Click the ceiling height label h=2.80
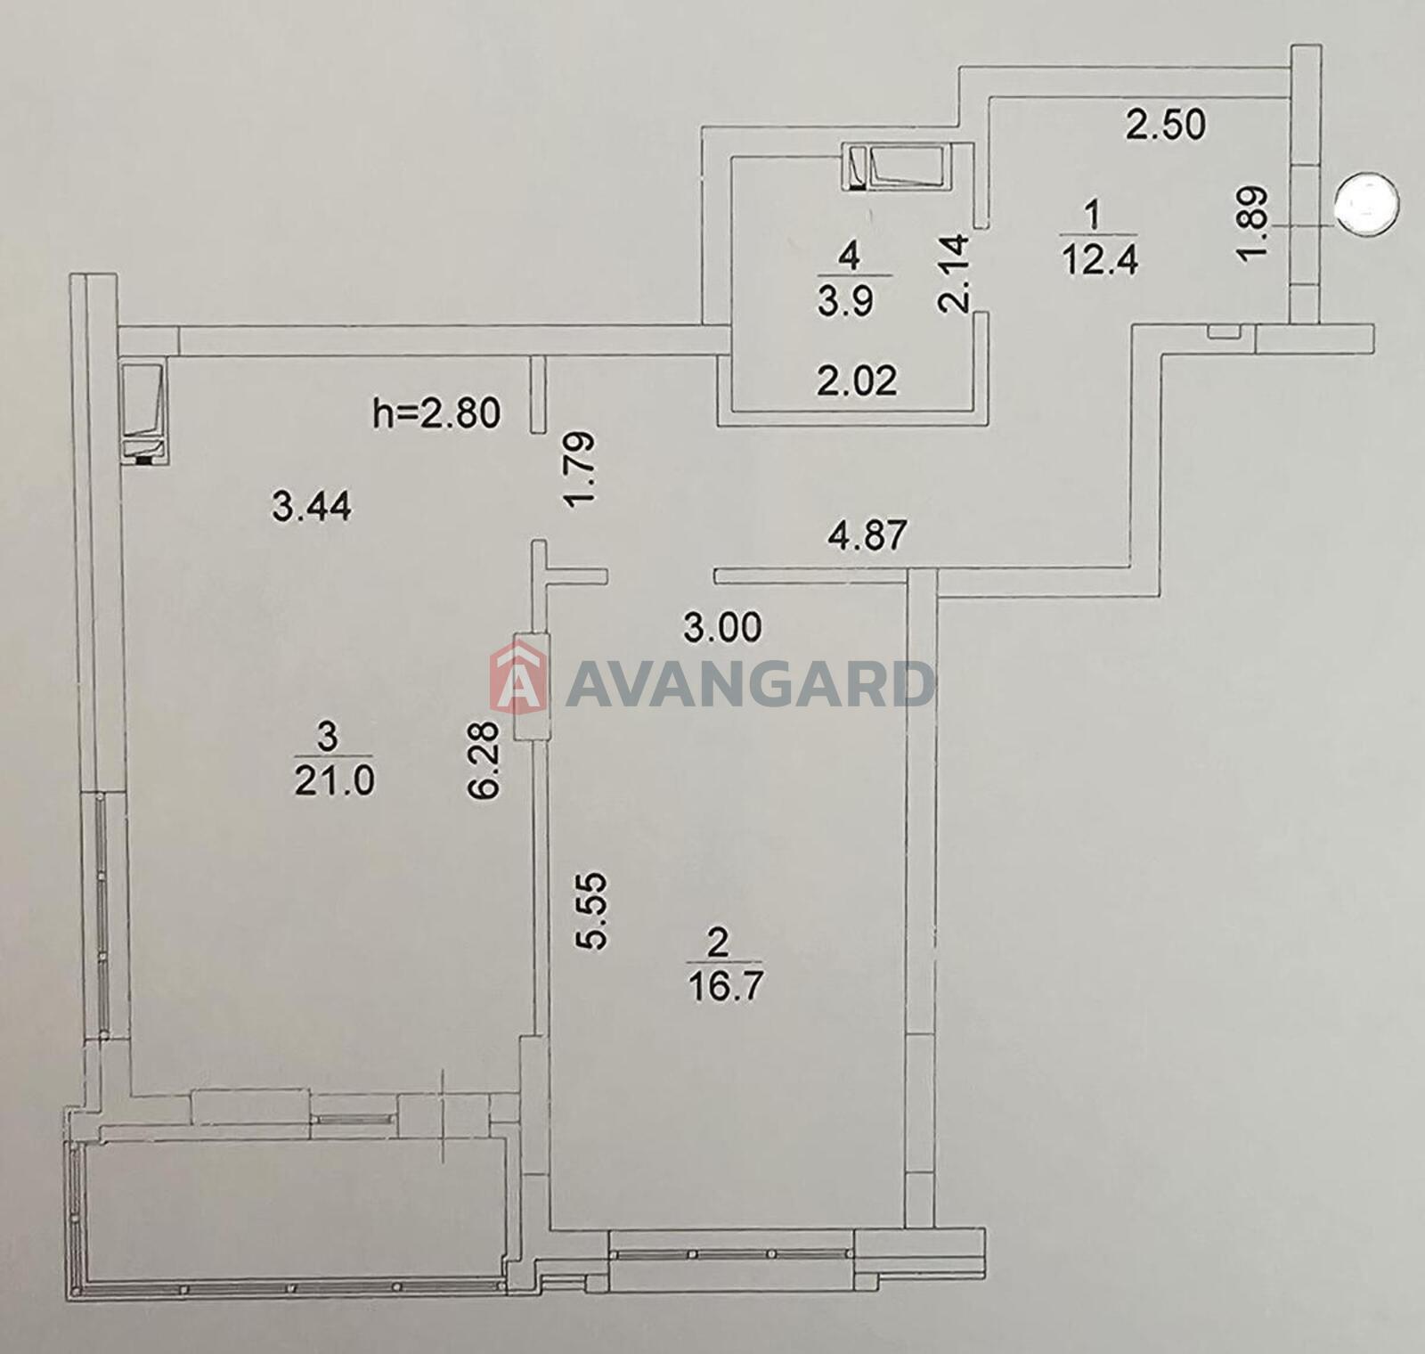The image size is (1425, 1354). point(436,413)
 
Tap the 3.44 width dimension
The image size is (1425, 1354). point(312,508)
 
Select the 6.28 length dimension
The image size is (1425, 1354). point(490,759)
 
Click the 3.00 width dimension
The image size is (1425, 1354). point(722,628)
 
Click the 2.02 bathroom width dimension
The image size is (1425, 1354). point(858,381)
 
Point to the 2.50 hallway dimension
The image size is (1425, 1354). point(1166,125)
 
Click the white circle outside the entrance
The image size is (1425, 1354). point(1367,204)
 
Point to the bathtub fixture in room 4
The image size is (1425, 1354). point(899,167)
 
